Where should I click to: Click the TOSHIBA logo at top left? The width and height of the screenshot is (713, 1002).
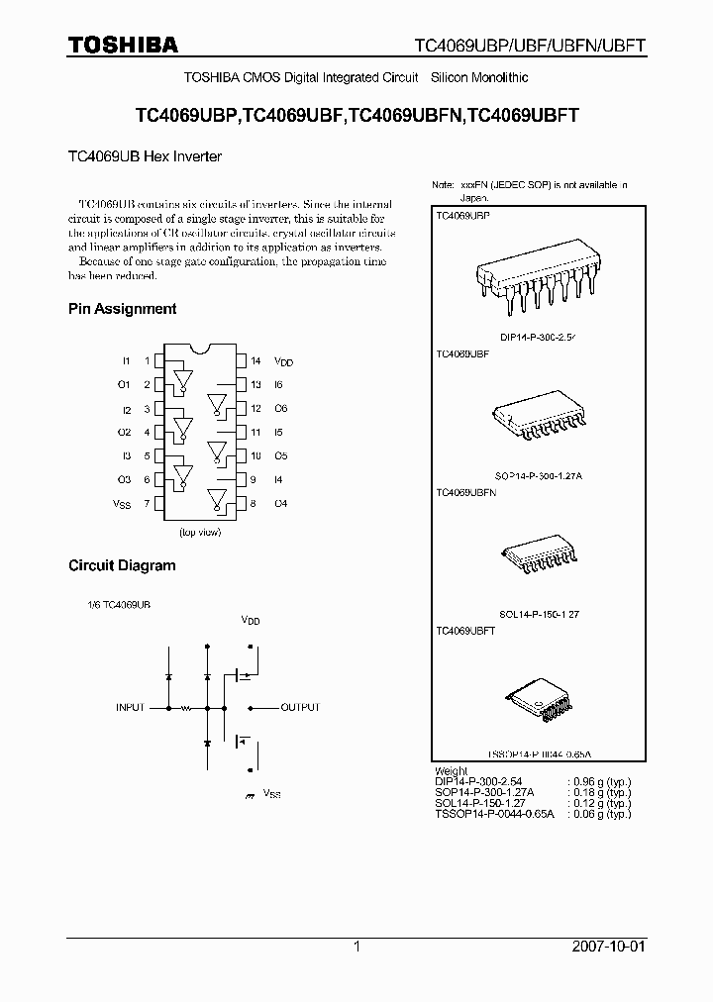click(x=123, y=45)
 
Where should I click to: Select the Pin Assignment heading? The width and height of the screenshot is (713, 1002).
click(x=122, y=309)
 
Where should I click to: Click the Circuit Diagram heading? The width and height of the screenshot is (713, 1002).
click(x=122, y=566)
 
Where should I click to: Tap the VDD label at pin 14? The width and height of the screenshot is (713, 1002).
click(x=283, y=362)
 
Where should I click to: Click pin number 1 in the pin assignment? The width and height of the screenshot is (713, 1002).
click(x=148, y=361)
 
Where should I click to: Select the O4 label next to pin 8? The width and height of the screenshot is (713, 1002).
click(x=280, y=504)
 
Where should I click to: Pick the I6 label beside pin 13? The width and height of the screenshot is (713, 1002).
click(x=279, y=385)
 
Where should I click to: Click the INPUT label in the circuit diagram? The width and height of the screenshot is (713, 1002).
click(x=131, y=708)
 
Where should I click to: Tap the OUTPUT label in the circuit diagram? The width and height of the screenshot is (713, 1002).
click(x=300, y=708)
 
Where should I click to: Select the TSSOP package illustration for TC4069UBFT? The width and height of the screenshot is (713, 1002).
click(x=539, y=699)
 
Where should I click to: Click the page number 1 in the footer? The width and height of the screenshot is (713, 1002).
click(x=356, y=947)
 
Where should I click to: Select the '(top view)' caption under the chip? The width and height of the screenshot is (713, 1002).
click(x=199, y=533)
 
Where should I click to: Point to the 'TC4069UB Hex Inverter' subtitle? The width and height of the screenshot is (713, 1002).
click(x=145, y=156)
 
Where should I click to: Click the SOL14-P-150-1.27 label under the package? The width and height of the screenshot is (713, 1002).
click(x=539, y=614)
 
